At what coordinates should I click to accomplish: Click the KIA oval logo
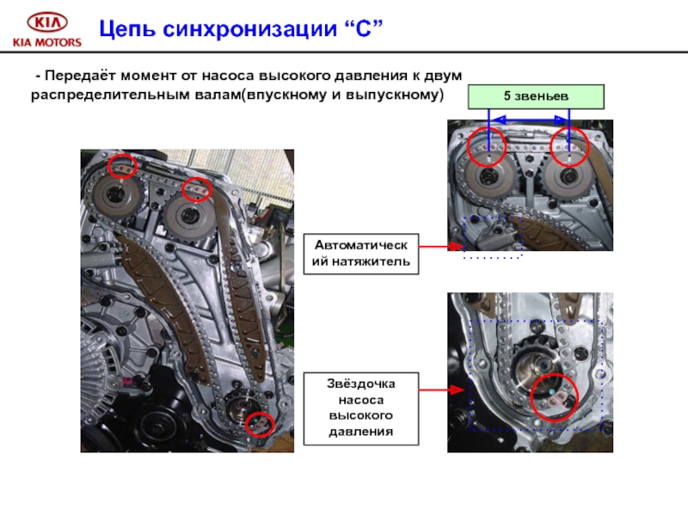tap(47, 22)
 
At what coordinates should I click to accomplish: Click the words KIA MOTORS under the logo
tap(47, 42)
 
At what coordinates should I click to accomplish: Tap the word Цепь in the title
tap(127, 29)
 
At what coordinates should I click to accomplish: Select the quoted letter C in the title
tap(364, 28)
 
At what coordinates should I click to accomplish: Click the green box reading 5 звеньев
tap(536, 96)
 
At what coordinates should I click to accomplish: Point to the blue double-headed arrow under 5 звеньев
tap(530, 120)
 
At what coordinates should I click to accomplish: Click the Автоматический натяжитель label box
tap(361, 254)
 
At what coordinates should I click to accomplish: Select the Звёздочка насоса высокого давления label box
tap(361, 408)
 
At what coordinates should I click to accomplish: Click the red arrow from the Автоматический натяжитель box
tap(441, 247)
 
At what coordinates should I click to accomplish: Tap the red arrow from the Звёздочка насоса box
tap(441, 390)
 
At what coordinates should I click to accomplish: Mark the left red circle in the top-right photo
tap(487, 146)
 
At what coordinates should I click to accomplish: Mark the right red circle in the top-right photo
tap(569, 147)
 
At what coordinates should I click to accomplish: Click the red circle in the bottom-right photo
tap(554, 397)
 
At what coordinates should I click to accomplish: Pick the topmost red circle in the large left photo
tap(122, 166)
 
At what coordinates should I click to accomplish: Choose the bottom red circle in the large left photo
tap(260, 424)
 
